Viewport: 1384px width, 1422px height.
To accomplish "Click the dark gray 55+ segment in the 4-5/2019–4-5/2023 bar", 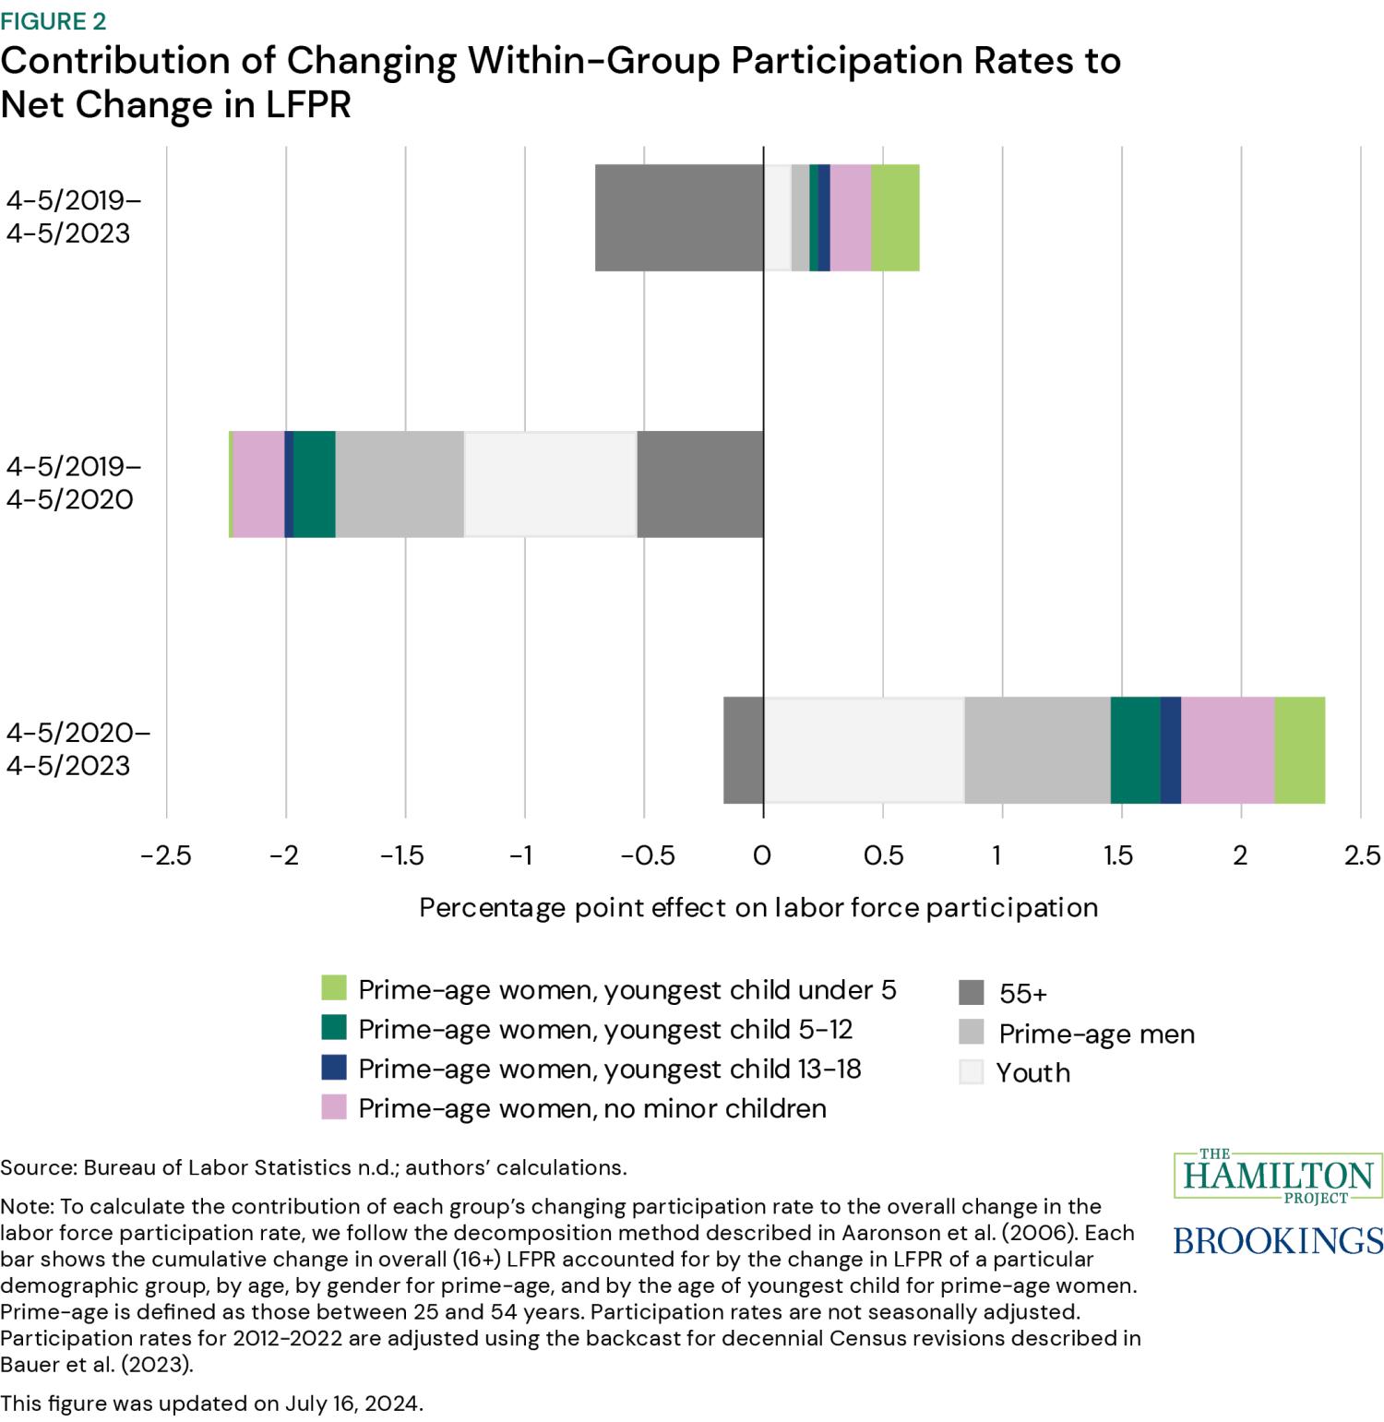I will click(679, 218).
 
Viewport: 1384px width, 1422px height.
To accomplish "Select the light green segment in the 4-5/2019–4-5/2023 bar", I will click(895, 218).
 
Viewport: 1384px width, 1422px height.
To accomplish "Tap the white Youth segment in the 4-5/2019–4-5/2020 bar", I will click(551, 484).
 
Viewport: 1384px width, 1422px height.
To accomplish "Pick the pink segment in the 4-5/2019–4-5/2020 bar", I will click(259, 484).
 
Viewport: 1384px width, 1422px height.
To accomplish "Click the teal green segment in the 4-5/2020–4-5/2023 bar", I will click(1135, 750).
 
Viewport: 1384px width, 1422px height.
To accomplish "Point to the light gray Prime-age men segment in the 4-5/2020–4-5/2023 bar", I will click(1037, 750).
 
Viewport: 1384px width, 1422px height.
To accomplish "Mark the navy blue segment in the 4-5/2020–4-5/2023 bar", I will click(1171, 750).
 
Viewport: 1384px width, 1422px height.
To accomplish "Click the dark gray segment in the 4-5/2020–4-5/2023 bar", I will click(744, 750).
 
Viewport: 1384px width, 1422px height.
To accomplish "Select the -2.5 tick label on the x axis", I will click(166, 855).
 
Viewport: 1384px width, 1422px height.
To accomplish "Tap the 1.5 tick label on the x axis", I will click(1118, 855).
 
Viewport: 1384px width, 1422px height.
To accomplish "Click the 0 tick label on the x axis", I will click(762, 855).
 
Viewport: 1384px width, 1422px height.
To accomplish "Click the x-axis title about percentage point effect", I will click(758, 907).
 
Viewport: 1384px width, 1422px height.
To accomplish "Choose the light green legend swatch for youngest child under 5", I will click(334, 988).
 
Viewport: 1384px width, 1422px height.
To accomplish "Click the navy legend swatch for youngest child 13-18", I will click(334, 1068).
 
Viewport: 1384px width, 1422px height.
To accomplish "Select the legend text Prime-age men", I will click(1096, 1034).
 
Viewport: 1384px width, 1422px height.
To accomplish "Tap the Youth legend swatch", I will click(971, 1071).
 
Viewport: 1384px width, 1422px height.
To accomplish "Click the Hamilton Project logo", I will click(1278, 1175).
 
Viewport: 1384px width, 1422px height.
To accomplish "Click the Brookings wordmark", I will click(1278, 1239).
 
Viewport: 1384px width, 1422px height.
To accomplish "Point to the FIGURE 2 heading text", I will click(54, 20).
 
